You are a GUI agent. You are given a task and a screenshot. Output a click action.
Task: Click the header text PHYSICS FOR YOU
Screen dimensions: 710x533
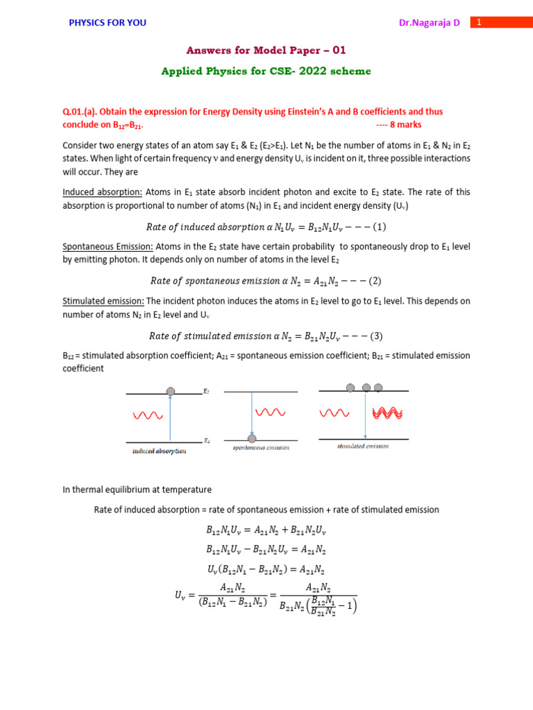click(x=107, y=23)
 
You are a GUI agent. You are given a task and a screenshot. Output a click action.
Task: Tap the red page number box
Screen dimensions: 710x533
click(x=478, y=22)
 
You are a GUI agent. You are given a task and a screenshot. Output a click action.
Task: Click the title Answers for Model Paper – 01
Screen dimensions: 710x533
click(x=266, y=51)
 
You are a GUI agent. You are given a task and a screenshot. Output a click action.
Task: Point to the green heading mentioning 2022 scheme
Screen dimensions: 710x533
click(x=266, y=71)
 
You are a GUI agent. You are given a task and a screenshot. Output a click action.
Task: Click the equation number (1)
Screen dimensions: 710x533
click(x=380, y=227)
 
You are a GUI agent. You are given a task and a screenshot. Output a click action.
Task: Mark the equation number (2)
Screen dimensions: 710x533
click(x=375, y=281)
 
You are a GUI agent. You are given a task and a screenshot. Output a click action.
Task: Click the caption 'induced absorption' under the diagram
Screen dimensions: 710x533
click(x=159, y=451)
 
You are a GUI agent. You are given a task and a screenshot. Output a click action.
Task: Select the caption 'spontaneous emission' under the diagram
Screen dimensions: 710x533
click(x=260, y=448)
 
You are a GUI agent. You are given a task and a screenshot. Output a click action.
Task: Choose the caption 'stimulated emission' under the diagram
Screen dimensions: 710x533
click(x=362, y=447)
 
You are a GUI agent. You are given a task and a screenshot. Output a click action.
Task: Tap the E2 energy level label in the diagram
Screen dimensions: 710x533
click(x=207, y=392)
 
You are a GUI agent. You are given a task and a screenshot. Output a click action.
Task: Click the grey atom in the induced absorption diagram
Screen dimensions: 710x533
click(x=171, y=392)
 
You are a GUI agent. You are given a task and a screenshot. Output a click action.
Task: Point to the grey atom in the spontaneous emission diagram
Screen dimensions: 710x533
click(x=252, y=438)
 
